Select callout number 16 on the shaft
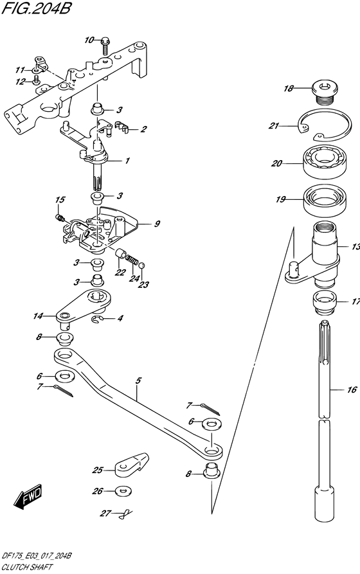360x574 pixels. click(351, 390)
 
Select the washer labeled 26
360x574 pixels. click(121, 492)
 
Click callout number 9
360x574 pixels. click(156, 224)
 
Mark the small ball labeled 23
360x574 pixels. click(142, 264)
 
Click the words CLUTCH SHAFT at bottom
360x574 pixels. click(26, 568)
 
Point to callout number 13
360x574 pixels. click(355, 247)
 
